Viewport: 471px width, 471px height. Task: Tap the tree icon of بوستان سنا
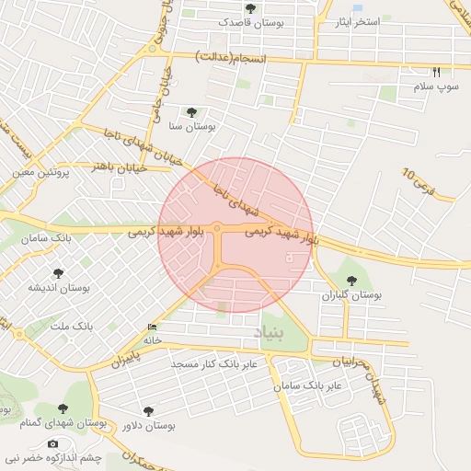190,112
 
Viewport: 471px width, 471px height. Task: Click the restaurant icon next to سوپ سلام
436,72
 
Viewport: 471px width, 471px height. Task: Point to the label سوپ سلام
436,86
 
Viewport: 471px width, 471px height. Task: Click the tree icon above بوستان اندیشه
58,273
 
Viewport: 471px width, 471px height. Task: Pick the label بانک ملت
71,327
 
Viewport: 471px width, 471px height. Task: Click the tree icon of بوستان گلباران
350,281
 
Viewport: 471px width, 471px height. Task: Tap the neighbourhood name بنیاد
293,328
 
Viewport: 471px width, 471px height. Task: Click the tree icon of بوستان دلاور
148,411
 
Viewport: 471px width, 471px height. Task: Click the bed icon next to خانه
152,327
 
